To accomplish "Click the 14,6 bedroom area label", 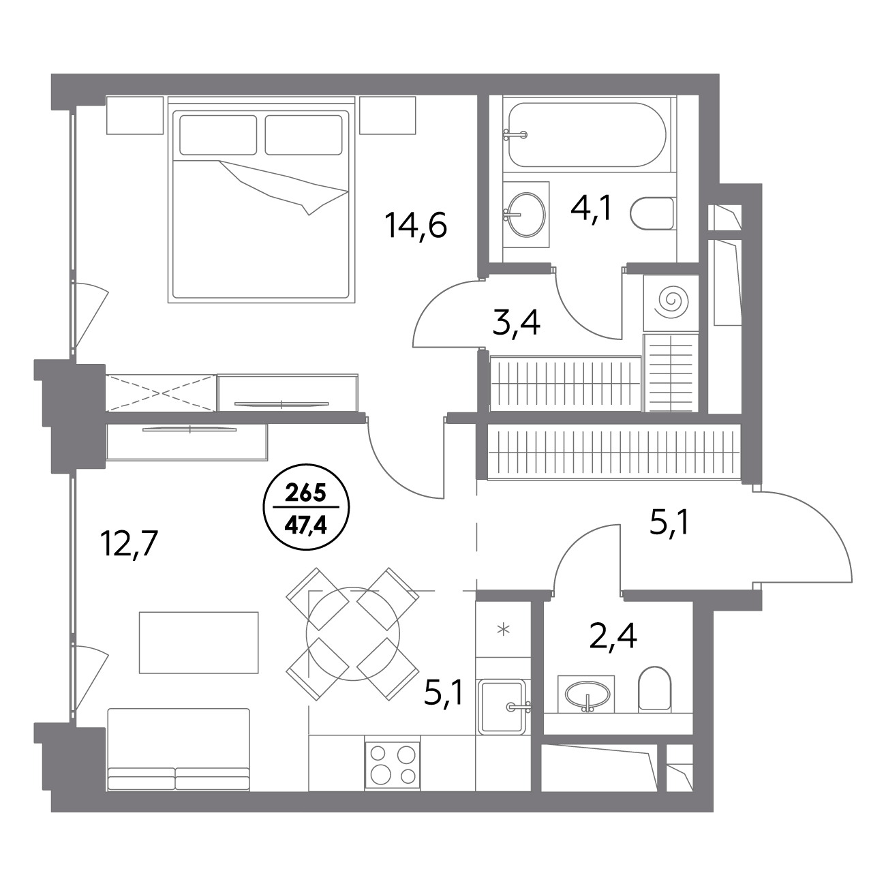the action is [x=416, y=226].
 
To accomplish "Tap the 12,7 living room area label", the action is [x=129, y=543].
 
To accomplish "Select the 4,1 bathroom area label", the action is [x=591, y=209].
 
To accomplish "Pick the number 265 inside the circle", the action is [x=306, y=494].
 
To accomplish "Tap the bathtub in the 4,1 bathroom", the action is [x=587, y=135].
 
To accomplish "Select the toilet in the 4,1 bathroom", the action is [x=652, y=214].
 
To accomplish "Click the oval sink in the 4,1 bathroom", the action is [x=526, y=215].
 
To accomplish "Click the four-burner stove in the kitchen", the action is [x=392, y=767].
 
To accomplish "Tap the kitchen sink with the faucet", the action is [x=502, y=706].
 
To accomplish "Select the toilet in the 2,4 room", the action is [x=654, y=688].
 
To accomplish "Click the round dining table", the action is [x=352, y=634].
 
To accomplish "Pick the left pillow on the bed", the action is [x=218, y=135].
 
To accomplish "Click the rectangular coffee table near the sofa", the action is [x=198, y=643].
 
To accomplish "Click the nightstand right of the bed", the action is [x=388, y=115].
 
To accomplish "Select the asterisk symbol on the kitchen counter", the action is [x=504, y=629].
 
